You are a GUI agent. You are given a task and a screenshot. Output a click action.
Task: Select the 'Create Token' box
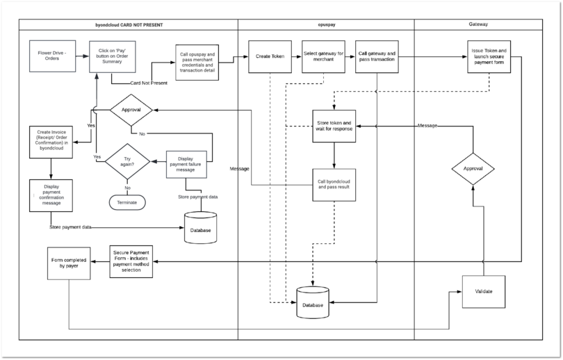click(268, 57)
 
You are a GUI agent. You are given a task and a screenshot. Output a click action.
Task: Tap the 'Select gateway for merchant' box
click(323, 57)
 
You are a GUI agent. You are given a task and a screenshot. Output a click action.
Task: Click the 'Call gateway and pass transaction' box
click(377, 57)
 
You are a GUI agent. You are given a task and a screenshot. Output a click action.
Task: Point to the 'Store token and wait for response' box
click(334, 126)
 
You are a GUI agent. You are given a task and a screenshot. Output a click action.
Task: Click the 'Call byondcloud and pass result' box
click(334, 184)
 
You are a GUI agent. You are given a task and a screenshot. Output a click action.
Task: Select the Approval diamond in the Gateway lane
click(473, 169)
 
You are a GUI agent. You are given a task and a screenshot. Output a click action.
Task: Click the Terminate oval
click(127, 202)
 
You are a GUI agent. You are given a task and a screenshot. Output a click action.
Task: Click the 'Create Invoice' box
click(50, 142)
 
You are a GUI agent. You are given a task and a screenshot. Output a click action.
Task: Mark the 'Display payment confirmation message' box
click(50, 195)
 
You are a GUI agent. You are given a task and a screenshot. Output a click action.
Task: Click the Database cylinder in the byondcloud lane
click(202, 229)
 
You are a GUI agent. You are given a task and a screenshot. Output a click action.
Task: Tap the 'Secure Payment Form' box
click(131, 261)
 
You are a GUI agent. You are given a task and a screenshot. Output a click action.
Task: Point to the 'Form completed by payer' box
click(69, 263)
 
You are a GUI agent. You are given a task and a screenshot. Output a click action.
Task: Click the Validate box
click(484, 291)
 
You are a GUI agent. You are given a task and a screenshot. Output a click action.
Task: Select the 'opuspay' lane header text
click(326, 25)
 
